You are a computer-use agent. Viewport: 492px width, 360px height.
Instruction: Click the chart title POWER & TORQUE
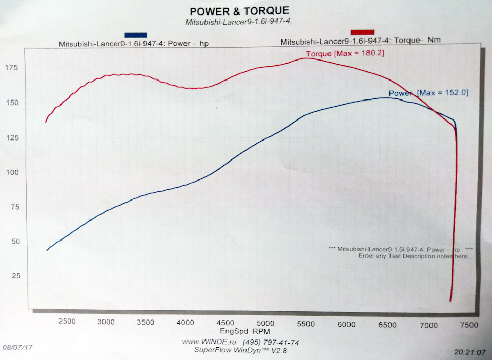[x=239, y=11]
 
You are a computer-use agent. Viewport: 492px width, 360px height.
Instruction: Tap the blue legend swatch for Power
[x=135, y=35]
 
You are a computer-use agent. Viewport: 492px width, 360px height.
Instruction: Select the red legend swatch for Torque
[x=362, y=32]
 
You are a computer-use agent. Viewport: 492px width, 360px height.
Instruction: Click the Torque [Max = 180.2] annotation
[x=345, y=53]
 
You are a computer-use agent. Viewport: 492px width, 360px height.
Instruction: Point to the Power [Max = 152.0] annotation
[x=428, y=93]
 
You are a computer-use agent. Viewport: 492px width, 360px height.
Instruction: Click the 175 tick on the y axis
[x=12, y=68]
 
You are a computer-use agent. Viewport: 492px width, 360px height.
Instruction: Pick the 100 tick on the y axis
[x=12, y=172]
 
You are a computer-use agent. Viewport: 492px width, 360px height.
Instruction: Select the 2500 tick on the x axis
[x=67, y=322]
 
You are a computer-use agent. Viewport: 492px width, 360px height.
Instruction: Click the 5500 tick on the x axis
[x=305, y=324]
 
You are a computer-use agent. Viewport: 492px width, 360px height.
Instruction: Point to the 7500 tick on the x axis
[x=468, y=325]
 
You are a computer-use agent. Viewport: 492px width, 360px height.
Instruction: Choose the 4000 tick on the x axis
[x=185, y=323]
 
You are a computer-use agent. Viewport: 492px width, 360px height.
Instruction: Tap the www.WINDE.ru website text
[x=206, y=342]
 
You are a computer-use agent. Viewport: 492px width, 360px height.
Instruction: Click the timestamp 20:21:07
[x=468, y=352]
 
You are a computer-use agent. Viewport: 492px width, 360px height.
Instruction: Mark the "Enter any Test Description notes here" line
[x=416, y=255]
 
